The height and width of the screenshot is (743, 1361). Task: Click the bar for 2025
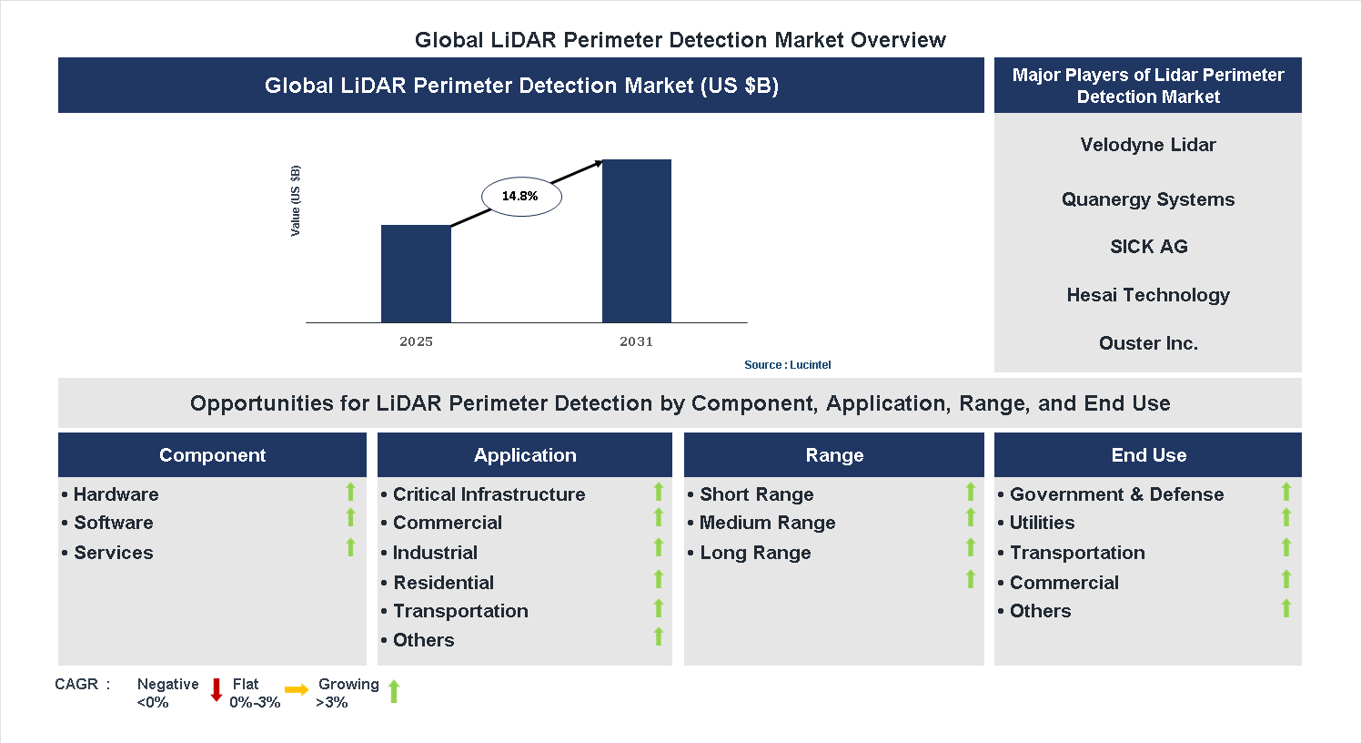tap(416, 273)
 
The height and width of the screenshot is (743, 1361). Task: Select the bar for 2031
tap(636, 240)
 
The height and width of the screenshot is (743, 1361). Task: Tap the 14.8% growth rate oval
tap(520, 197)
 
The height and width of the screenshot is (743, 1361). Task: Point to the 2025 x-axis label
tap(416, 341)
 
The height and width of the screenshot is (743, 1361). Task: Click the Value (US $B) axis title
tap(295, 201)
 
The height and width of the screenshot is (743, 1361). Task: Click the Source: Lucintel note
tap(787, 365)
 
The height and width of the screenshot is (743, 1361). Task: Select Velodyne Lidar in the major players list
tap(1147, 145)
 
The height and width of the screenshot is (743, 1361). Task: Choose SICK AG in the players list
tap(1148, 247)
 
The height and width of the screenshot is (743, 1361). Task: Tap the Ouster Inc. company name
tap(1148, 343)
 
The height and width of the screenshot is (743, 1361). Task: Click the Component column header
tap(212, 455)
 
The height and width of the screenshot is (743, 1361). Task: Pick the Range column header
tap(834, 455)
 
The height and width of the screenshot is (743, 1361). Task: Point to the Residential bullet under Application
tap(443, 583)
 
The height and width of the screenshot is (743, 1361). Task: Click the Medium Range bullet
tap(767, 523)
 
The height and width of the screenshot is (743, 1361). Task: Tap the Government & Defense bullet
tap(1116, 494)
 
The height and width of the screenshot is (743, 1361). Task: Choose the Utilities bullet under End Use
tap(1042, 523)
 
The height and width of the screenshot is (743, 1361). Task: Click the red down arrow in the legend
tap(217, 690)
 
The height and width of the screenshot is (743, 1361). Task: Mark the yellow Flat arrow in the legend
tap(297, 690)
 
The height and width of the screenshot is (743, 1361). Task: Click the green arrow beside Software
tap(350, 518)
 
